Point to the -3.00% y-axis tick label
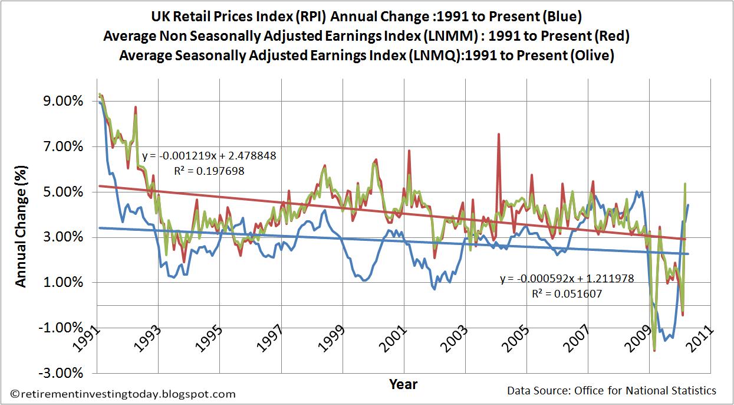tap(60, 373)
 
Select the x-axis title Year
tap(403, 384)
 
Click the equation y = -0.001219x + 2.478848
tap(209, 157)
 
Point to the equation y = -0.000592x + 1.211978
tap(567, 279)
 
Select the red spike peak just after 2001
tap(409, 151)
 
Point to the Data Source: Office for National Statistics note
tap(611, 391)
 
